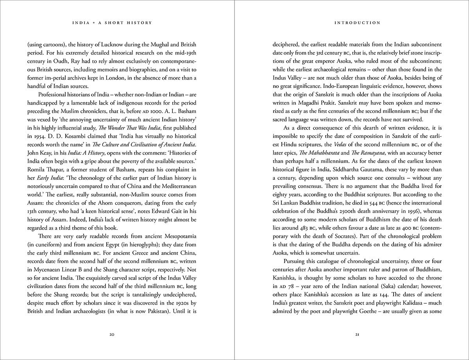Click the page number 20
(112, 335)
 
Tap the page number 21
(357, 335)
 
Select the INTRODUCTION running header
(357, 23)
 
